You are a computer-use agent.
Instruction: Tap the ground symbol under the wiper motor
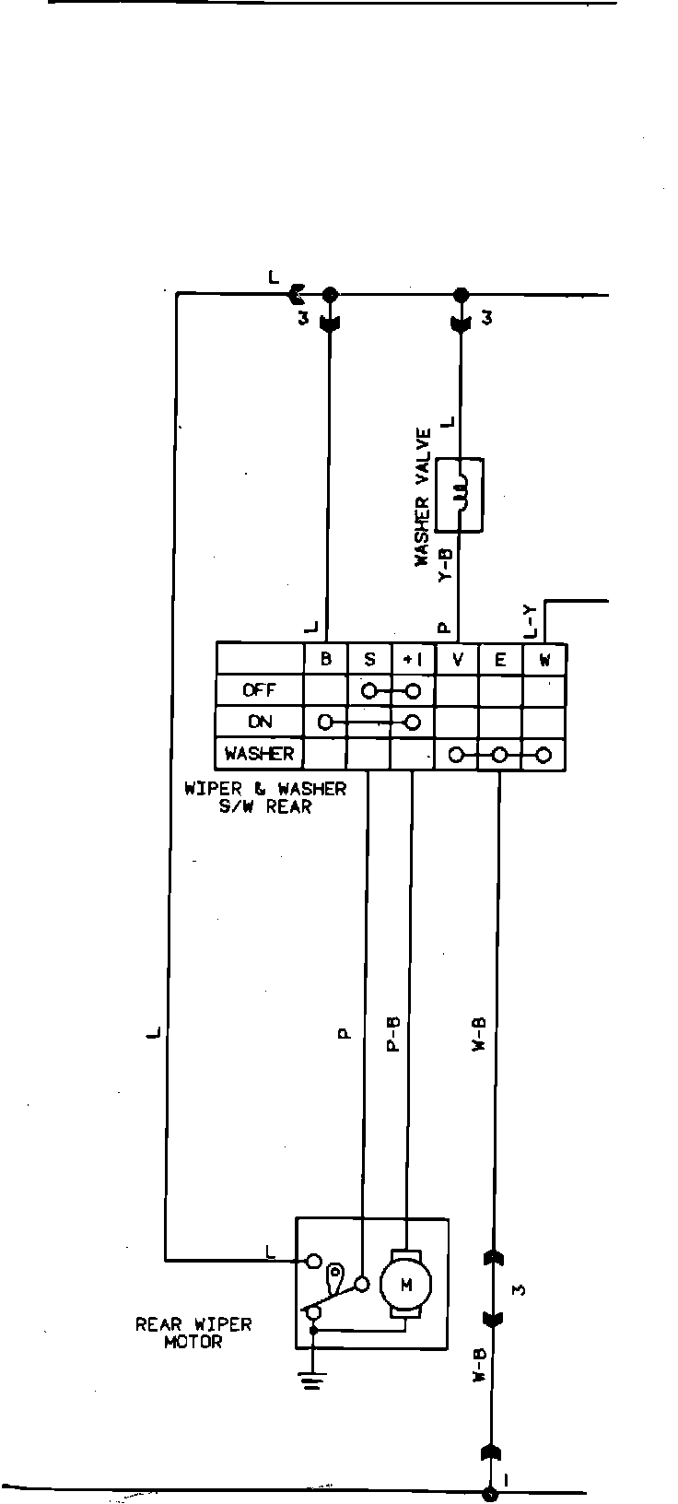point(313,1379)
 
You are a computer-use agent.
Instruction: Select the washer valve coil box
point(460,494)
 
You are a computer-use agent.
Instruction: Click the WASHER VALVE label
point(423,497)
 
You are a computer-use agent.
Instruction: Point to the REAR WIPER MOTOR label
point(193,1333)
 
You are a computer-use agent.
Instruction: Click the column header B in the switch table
point(325,659)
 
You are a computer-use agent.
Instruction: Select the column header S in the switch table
point(369,659)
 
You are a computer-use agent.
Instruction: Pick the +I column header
point(413,659)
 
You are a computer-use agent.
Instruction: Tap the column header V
point(457,659)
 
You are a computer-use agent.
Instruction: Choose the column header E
point(500,659)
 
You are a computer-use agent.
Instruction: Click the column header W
point(544,659)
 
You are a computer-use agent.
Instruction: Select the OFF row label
point(259,690)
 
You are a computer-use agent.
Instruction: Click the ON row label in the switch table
point(260,722)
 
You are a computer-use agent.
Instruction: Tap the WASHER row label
point(259,754)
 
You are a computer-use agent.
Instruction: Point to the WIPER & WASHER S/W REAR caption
point(265,797)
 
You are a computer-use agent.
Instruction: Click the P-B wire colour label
point(392,1036)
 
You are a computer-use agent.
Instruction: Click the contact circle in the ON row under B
point(325,722)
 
